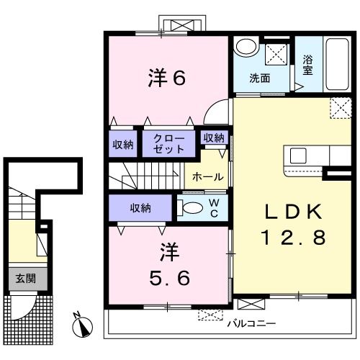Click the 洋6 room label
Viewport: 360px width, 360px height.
pos(167,77)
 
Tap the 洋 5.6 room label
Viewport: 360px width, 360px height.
pos(170,264)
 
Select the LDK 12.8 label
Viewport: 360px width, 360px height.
pos(293,224)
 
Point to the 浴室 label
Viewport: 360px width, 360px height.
pos(307,65)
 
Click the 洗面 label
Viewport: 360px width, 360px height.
pos(259,78)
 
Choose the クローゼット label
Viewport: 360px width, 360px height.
pos(168,144)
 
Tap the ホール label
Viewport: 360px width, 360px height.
pos(208,177)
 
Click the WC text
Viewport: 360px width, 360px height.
pos(214,208)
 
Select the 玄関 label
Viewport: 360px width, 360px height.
pos(26,279)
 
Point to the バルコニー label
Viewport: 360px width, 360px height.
pos(252,324)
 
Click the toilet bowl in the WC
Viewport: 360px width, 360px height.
pos(190,208)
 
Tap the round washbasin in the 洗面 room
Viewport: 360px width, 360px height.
pos(246,45)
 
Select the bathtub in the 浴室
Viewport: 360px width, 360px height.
pos(337,64)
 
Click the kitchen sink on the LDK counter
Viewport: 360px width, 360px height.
pos(298,156)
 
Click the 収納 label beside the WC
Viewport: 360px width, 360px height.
pos(140,208)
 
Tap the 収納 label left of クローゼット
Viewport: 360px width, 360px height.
pos(123,145)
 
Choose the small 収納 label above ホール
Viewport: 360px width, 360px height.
pos(214,138)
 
